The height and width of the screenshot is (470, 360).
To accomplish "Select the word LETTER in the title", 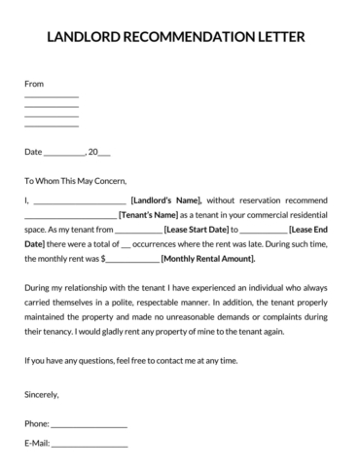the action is coord(281,37).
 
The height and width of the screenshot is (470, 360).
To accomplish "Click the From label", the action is coord(34,85).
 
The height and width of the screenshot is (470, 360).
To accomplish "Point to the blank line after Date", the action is coord(65,153).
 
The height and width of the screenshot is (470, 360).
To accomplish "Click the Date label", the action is coord(33,152).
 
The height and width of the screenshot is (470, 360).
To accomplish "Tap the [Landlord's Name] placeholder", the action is coord(165,199).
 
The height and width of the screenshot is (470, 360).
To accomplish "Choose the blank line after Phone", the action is coord(89,425).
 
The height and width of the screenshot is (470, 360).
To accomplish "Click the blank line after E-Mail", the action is coord(90,445).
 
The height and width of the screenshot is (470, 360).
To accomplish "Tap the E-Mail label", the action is coord(37,444).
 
